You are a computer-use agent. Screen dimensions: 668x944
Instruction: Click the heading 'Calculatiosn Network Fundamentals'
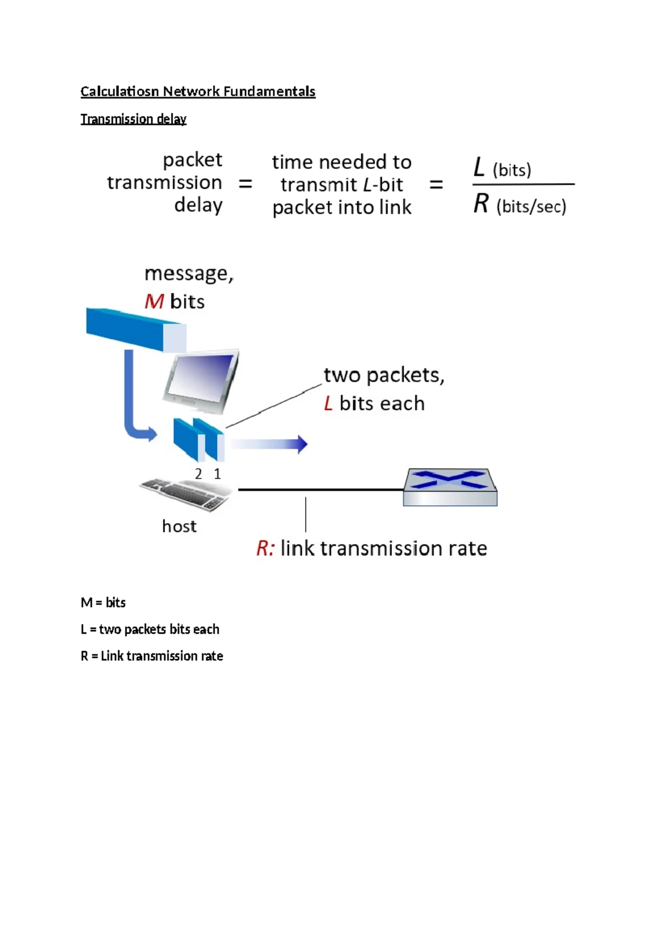(198, 91)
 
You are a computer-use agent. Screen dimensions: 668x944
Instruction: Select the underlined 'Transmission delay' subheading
(133, 119)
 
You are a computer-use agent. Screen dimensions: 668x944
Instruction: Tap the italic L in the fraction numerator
(478, 167)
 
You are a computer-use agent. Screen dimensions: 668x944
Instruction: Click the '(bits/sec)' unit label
(532, 206)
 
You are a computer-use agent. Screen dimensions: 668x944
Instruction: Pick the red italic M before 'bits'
(154, 301)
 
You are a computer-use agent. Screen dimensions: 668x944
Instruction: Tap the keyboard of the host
(186, 494)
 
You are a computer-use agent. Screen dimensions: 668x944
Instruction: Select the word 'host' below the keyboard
(179, 526)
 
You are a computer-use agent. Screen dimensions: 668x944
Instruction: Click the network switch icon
(450, 486)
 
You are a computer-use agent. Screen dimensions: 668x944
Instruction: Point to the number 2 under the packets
(199, 474)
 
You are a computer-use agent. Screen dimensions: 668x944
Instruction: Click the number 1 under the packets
(218, 474)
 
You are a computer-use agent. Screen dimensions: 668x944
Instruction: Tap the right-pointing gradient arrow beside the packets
(269, 444)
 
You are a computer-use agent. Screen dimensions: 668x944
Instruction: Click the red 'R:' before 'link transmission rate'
(266, 548)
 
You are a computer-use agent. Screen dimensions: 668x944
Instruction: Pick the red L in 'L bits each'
(329, 404)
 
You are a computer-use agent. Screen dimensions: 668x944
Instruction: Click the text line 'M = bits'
(103, 602)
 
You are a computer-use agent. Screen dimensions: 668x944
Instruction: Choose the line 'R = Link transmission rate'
(152, 656)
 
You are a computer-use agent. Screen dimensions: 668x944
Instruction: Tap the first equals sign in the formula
(245, 184)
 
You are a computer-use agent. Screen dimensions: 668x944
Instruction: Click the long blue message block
(136, 330)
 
